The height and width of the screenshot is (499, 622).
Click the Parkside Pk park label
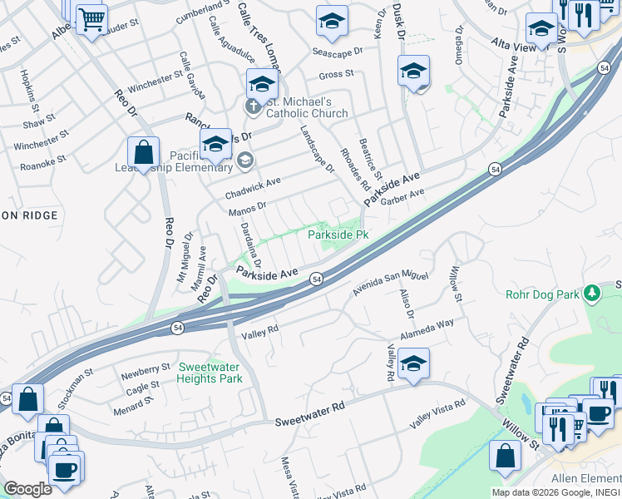click(x=338, y=235)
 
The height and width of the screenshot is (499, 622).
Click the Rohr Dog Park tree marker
click(x=591, y=293)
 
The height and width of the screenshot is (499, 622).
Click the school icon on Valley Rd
click(x=413, y=363)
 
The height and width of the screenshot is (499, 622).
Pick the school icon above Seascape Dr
click(x=332, y=21)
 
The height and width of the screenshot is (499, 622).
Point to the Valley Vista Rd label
click(x=437, y=415)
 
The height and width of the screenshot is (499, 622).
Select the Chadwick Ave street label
click(x=253, y=188)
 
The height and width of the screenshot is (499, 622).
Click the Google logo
click(x=27, y=489)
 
